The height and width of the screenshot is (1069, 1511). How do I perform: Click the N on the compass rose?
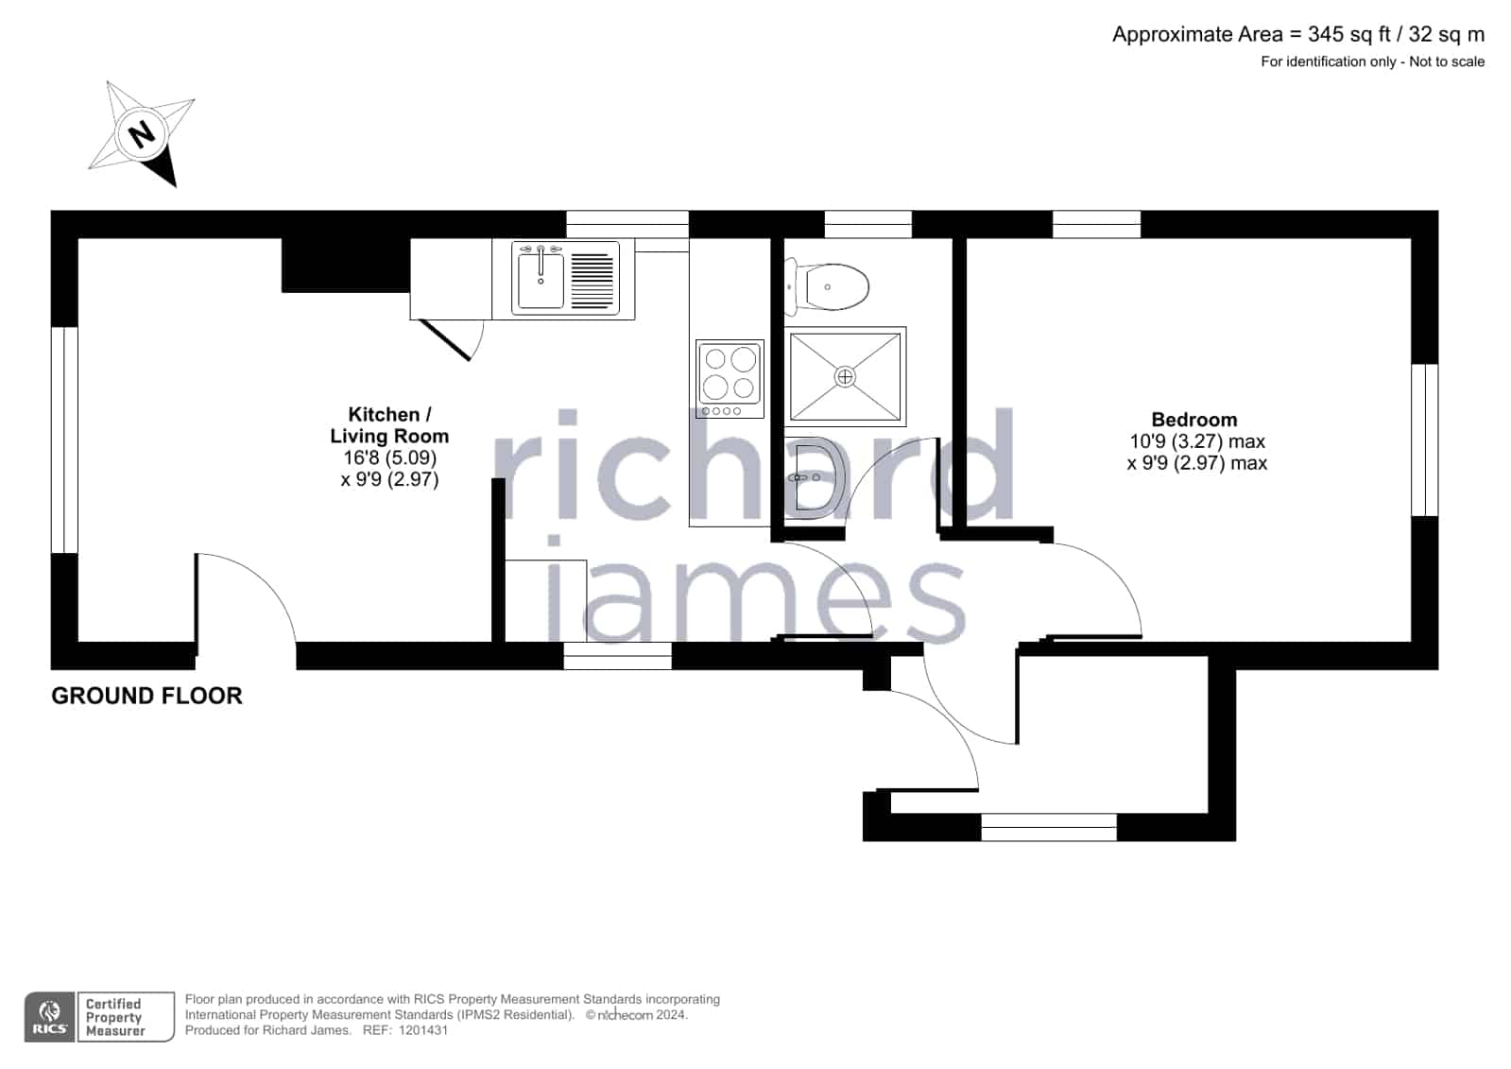tap(142, 133)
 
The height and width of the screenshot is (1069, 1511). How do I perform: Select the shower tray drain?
tap(845, 376)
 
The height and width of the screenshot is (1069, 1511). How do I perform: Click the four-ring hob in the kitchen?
tap(730, 379)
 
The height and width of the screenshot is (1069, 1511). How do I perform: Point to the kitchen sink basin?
tap(541, 281)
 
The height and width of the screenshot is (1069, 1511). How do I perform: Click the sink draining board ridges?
tap(592, 281)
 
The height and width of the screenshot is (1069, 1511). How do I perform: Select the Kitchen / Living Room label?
tap(389, 425)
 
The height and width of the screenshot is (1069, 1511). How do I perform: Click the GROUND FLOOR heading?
tap(146, 696)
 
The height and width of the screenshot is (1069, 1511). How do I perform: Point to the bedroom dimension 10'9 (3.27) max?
tap(1197, 441)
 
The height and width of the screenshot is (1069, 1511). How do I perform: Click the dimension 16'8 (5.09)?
tap(390, 457)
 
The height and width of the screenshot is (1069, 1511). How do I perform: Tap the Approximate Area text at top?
tap(1297, 34)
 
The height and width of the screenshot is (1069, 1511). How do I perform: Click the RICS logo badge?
tap(49, 1016)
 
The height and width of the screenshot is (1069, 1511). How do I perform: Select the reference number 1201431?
tap(423, 1030)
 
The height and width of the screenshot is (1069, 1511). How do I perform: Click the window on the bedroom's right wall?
tap(1425, 440)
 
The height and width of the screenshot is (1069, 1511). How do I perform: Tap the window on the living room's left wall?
tap(65, 440)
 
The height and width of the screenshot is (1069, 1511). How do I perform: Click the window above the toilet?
tap(868, 224)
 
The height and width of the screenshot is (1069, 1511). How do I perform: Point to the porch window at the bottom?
tap(1049, 827)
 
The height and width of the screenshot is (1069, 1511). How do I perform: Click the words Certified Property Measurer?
tap(115, 1017)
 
